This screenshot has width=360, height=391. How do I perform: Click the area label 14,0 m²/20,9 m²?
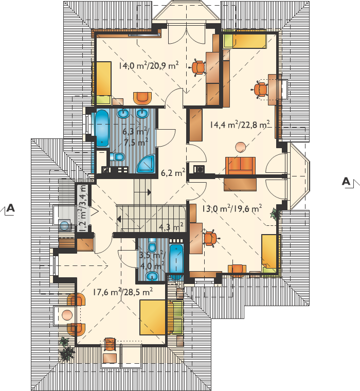tap(149, 65)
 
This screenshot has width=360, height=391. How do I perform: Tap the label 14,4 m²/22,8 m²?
tap(240, 124)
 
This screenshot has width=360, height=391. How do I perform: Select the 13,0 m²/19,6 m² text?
tap(232, 208)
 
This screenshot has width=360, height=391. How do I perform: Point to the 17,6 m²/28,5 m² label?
tap(123, 292)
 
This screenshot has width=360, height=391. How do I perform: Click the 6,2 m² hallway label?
tap(173, 172)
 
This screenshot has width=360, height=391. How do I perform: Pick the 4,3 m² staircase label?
tap(171, 227)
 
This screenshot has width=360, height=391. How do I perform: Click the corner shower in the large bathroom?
tap(146, 164)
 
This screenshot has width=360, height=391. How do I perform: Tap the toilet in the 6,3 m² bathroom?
tap(117, 157)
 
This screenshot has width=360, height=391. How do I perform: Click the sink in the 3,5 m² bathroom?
tap(152, 276)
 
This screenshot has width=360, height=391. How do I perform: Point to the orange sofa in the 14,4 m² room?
tap(240, 166)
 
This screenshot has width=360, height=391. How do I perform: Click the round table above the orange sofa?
tap(241, 147)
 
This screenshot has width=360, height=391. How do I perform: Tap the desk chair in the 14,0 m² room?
tap(199, 67)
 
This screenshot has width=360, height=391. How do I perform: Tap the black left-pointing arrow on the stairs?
tap(119, 219)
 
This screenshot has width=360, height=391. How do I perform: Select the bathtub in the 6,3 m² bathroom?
tap(102, 129)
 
